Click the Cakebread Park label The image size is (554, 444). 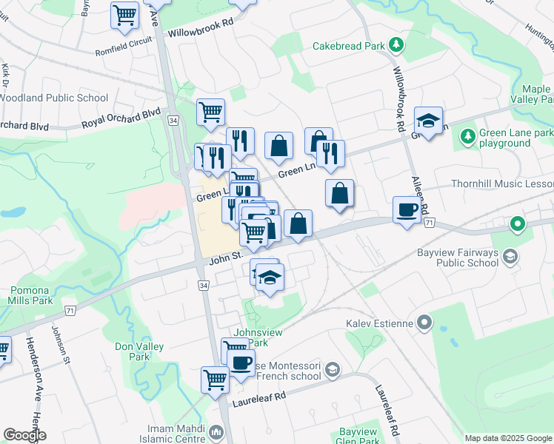point(348,46)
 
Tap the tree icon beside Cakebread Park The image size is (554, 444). point(396,45)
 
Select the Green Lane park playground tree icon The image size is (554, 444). point(467,136)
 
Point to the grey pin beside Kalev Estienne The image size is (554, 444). point(424,322)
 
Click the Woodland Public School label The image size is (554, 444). point(53,98)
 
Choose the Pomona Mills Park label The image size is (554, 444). point(30,296)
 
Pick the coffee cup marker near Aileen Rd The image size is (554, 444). point(406,210)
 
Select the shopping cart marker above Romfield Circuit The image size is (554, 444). point(125,15)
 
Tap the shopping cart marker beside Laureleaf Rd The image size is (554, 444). point(215,380)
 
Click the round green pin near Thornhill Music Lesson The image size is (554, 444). point(517,223)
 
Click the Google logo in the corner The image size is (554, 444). point(24,435)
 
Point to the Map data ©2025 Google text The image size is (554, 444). point(507,438)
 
